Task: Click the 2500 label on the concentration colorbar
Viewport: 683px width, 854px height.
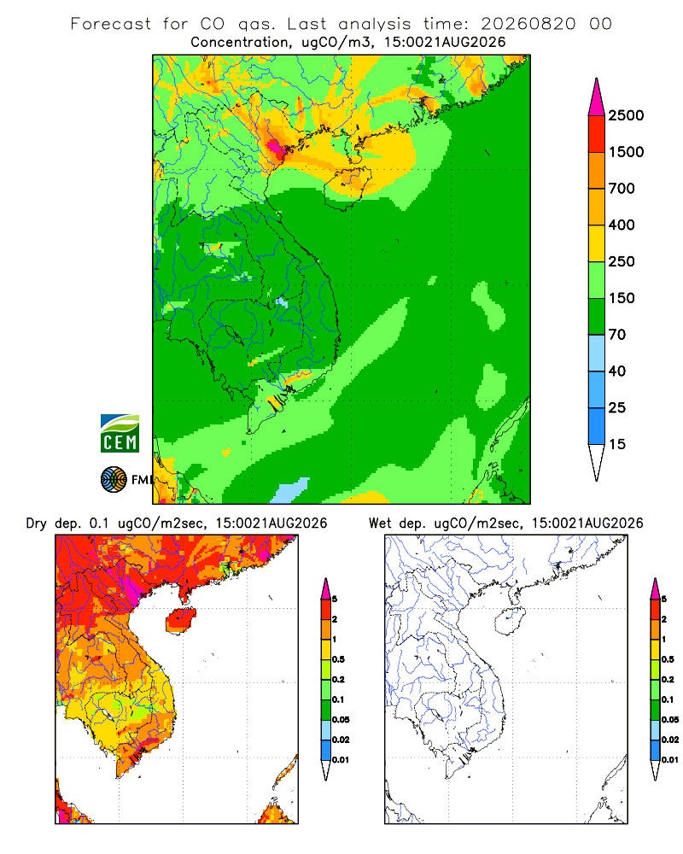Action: pyautogui.click(x=626, y=115)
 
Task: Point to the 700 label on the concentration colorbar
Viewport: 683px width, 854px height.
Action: pyautogui.click(x=622, y=189)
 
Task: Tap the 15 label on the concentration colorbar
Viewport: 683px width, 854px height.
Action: pyautogui.click(x=617, y=444)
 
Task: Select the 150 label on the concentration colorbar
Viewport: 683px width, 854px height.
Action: pyautogui.click(x=622, y=298)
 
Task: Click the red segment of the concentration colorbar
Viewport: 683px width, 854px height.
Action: pyautogui.click(x=597, y=134)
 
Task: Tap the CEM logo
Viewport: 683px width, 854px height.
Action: pyautogui.click(x=120, y=434)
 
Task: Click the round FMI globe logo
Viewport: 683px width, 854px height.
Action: pyautogui.click(x=114, y=480)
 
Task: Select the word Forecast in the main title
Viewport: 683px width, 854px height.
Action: pyautogui.click(x=111, y=24)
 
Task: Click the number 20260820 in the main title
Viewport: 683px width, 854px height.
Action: pyautogui.click(x=528, y=24)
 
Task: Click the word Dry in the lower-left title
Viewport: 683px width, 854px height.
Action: pyautogui.click(x=37, y=524)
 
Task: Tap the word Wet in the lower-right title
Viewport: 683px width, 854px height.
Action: pyautogui.click(x=380, y=524)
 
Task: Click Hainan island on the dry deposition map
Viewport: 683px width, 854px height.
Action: pyautogui.click(x=181, y=621)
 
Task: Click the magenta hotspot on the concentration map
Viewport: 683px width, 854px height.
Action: pyautogui.click(x=274, y=147)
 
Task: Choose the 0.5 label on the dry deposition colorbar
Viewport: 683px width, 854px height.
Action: pyautogui.click(x=338, y=659)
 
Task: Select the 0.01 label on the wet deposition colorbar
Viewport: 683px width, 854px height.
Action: pyautogui.click(x=670, y=760)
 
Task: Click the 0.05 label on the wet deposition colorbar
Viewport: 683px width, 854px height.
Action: pyautogui.click(x=670, y=719)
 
